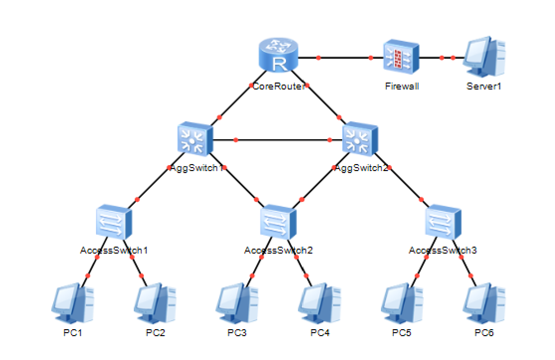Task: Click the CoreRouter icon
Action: coord(278,55)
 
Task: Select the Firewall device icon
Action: coord(401,57)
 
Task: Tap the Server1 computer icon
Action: coord(484,56)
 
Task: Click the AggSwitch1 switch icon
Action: coord(195,139)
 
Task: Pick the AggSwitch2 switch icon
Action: coord(361,139)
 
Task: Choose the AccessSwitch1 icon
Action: coord(114,222)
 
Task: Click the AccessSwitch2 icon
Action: coord(278,222)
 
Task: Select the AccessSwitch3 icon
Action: coord(443,222)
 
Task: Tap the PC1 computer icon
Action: coord(73,303)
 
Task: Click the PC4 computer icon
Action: coord(319,303)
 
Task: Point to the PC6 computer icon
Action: coord(484,303)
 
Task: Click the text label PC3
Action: coord(237,333)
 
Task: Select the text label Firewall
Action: coord(402,86)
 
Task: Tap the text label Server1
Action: coord(484,86)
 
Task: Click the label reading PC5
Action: coord(402,333)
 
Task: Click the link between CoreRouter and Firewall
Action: coord(341,57)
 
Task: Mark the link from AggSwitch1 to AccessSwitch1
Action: coord(157,180)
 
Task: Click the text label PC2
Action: coord(155,333)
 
